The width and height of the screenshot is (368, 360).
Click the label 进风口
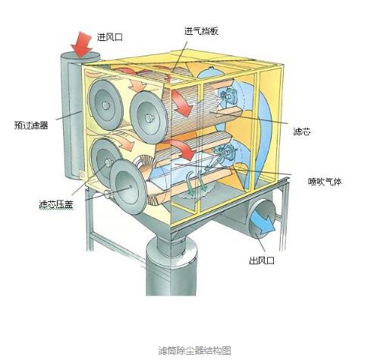tap(110, 37)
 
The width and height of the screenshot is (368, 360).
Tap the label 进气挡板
tap(201, 31)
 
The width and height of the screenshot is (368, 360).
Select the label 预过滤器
tap(31, 125)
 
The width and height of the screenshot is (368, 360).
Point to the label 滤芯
tap(302, 131)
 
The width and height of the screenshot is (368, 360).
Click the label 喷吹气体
tap(325, 182)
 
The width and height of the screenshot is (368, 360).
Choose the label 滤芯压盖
tap(56, 204)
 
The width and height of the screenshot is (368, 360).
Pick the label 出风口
tap(262, 261)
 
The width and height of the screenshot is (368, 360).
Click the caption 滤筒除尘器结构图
tap(194, 351)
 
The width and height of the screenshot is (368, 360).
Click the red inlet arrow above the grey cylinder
tap(81, 44)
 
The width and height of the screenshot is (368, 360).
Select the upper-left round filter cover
tap(105, 105)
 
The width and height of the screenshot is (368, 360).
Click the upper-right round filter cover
tap(149, 118)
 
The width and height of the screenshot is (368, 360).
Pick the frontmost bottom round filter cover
tap(128, 186)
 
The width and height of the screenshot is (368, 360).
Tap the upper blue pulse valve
tap(228, 96)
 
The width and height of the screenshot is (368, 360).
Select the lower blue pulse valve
tap(225, 153)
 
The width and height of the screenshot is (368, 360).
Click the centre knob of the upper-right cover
tap(149, 118)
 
